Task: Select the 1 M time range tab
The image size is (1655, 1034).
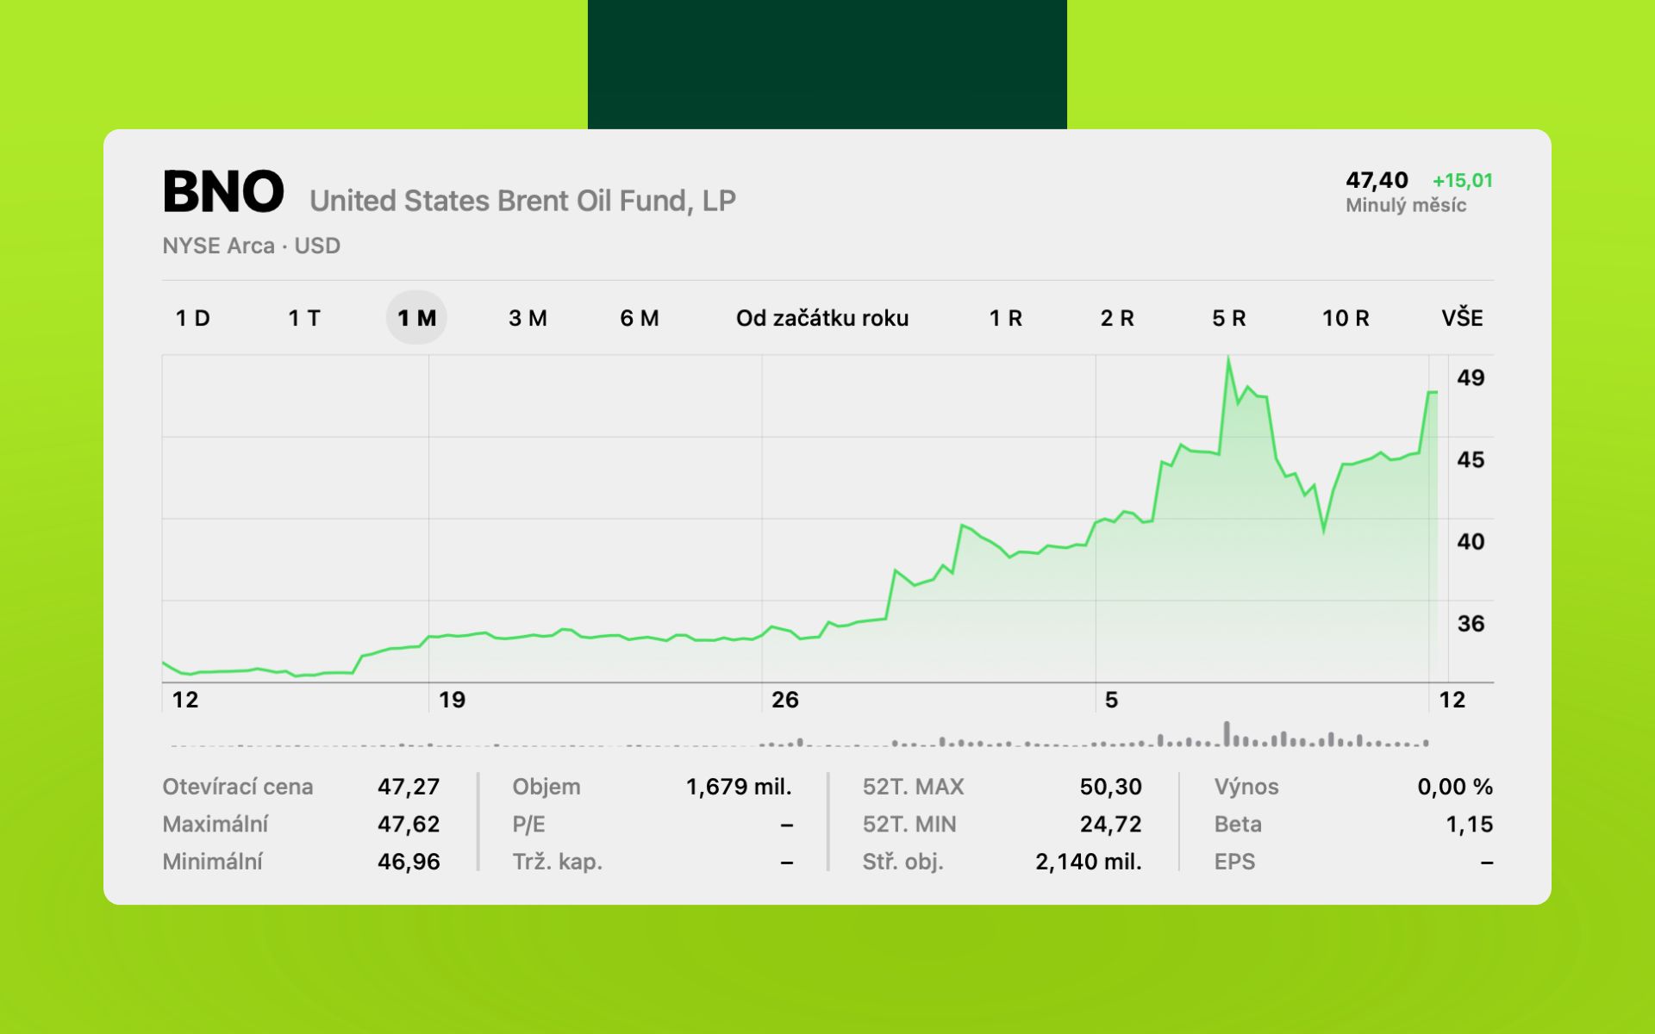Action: [x=416, y=318]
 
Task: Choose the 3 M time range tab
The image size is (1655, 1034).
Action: [x=528, y=318]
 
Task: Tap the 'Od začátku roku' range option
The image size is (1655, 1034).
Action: [x=821, y=318]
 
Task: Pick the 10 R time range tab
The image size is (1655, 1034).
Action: [x=1345, y=318]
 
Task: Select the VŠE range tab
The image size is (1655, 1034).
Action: [x=1462, y=318]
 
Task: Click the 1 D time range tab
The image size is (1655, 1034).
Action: [x=192, y=318]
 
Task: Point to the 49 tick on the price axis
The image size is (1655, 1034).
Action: [x=1471, y=377]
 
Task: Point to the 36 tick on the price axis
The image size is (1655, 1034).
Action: [x=1471, y=623]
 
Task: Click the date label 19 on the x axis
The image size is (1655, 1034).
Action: [x=452, y=700]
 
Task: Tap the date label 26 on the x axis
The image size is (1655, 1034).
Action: [x=784, y=700]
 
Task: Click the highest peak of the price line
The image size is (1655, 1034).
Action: [x=1227, y=358]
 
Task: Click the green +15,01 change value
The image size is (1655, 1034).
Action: [x=1462, y=181]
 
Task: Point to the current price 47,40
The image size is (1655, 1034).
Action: [x=1377, y=181]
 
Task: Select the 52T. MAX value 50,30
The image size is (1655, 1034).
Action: [x=1110, y=787]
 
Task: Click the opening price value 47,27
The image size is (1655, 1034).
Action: [x=409, y=787]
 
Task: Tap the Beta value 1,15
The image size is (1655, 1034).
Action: [x=1469, y=825]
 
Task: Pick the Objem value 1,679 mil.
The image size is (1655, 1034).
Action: [x=739, y=787]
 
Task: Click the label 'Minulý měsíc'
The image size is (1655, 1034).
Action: [x=1406, y=205]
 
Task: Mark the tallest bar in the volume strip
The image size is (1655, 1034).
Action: [x=1227, y=733]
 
